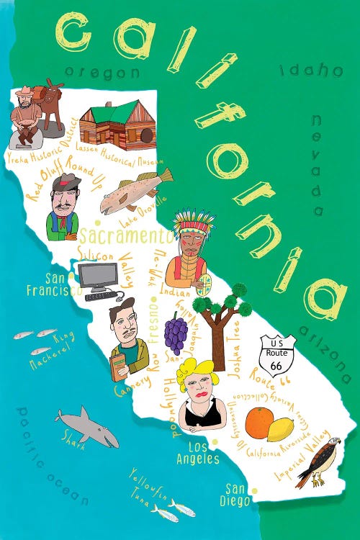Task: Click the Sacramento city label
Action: (125, 236)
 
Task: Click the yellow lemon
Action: (282, 430)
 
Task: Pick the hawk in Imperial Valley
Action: (318, 461)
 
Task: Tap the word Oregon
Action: (102, 72)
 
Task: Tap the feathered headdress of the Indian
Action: (191, 220)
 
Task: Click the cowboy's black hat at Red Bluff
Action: (64, 181)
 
